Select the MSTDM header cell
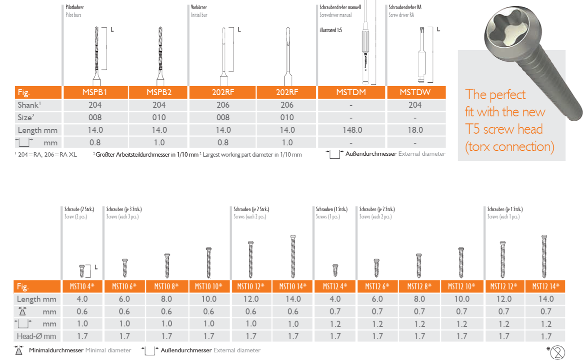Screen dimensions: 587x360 click(x=351, y=92)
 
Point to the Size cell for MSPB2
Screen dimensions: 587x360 click(x=159, y=117)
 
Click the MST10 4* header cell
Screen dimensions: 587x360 click(x=82, y=286)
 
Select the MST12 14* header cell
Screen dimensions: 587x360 click(x=545, y=286)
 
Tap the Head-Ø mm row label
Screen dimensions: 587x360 click(x=37, y=336)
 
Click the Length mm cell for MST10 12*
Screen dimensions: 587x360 click(x=251, y=299)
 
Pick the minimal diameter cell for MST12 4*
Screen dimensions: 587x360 click(x=335, y=311)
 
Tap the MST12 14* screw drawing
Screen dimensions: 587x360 click(x=544, y=257)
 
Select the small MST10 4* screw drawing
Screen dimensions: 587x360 click(x=82, y=271)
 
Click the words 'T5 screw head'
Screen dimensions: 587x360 click(x=504, y=129)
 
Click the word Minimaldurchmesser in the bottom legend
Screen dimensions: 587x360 click(x=56, y=350)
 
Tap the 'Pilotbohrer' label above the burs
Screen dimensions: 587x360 click(x=74, y=7)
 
